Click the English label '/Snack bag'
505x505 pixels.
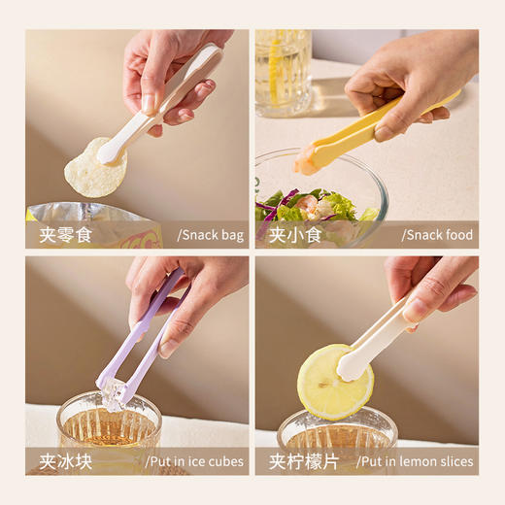(x=210, y=235)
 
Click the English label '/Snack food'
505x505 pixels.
(x=439, y=235)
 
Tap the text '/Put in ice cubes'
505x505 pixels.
(x=194, y=461)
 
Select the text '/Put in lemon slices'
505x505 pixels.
(x=415, y=461)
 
